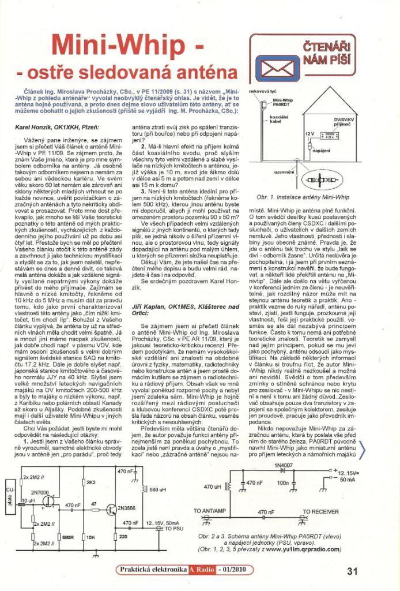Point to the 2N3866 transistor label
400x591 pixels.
pyautogui.click(x=128, y=508)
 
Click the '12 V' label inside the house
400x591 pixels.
pyautogui.click(x=309, y=133)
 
